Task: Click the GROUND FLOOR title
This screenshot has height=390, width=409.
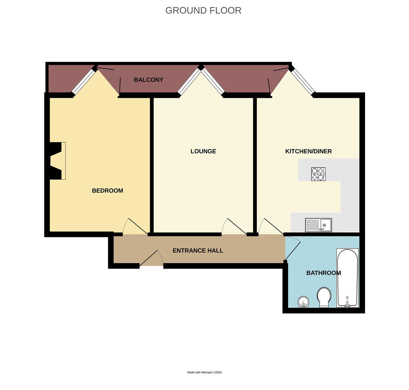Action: [x=203, y=10]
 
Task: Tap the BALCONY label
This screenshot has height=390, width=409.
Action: [x=148, y=80]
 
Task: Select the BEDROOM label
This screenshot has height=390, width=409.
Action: [x=107, y=191]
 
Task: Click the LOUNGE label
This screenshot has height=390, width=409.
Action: [x=203, y=151]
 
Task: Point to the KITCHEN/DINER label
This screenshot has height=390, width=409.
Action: [x=308, y=151]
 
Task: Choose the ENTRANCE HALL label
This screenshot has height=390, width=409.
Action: [x=198, y=251]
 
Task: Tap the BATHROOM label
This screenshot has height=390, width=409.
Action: [x=323, y=273]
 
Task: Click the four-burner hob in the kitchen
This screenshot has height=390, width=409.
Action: [x=318, y=174]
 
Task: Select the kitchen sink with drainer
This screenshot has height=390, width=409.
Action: [x=318, y=225]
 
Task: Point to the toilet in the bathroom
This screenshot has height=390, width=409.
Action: [x=324, y=297]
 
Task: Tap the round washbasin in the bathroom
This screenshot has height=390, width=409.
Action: [x=303, y=301]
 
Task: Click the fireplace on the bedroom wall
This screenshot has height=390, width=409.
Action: [x=57, y=161]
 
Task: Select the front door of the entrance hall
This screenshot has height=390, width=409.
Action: [x=152, y=259]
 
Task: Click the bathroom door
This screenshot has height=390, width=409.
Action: [x=293, y=249]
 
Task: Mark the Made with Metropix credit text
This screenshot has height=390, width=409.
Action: [x=204, y=372]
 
